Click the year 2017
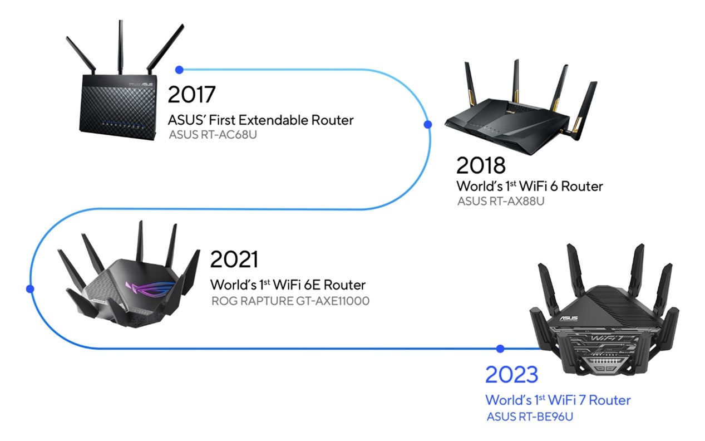[x=191, y=94]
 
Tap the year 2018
[x=481, y=165]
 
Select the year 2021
[x=234, y=259]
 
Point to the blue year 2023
[x=511, y=375]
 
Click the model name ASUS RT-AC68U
[x=213, y=135]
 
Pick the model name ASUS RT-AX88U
[x=501, y=201]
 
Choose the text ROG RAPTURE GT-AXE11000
[x=290, y=301]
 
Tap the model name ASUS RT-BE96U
[x=530, y=416]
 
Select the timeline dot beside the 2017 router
[x=179, y=70]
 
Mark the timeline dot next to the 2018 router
[x=428, y=124]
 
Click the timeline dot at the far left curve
[x=30, y=288]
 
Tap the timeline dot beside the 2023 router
[x=500, y=349]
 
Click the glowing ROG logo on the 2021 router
[x=150, y=288]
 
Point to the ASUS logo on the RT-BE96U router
[x=569, y=318]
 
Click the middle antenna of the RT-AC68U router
[x=121, y=47]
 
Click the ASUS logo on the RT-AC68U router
[x=147, y=85]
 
